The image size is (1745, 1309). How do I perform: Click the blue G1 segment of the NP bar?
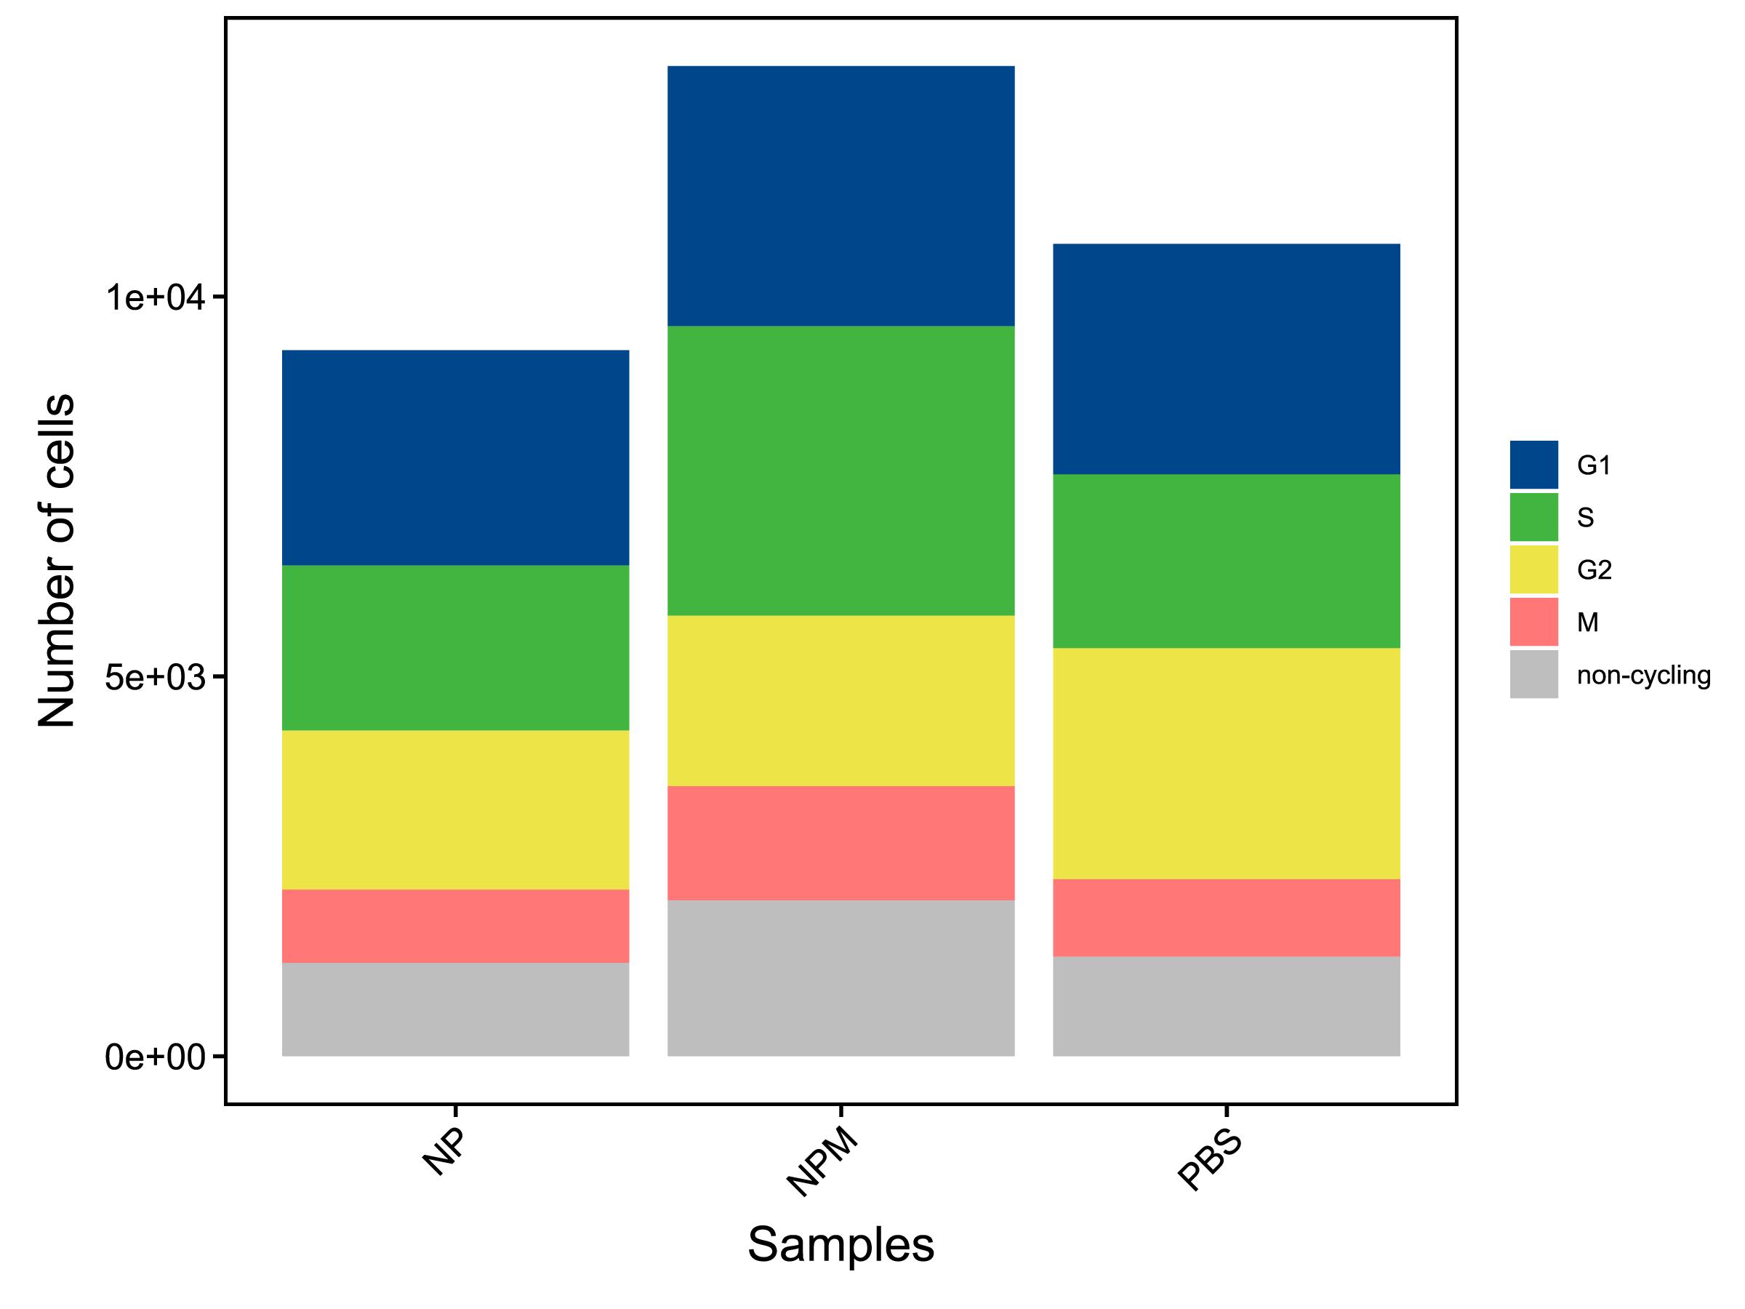[x=455, y=457]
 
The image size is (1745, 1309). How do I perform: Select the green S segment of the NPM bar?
[x=841, y=471]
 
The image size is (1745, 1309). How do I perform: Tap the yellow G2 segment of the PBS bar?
[x=1226, y=763]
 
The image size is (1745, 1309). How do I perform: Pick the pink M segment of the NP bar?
[x=455, y=926]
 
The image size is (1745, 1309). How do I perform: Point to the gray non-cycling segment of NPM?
[x=841, y=977]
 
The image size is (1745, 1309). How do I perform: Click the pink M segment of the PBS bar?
[x=1226, y=918]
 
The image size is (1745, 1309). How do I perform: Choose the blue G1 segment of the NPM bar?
[x=841, y=196]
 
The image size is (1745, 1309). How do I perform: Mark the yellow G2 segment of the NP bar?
[x=455, y=809]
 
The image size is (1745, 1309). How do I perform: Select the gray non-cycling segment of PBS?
[x=1226, y=1006]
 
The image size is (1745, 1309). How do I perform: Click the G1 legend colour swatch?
[x=1533, y=465]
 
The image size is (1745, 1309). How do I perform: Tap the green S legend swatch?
[x=1533, y=517]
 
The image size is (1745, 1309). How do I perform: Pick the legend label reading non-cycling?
[x=1643, y=676]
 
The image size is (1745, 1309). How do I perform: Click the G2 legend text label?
[x=1594, y=569]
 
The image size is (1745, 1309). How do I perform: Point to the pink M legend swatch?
[x=1533, y=622]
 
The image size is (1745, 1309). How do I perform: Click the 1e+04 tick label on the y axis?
[x=156, y=298]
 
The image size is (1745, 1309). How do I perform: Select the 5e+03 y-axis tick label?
[x=156, y=678]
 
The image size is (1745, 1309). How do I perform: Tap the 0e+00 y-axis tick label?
[x=156, y=1057]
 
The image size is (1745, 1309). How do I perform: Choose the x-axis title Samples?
[x=841, y=1245]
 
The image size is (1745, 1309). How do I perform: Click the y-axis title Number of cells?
[x=57, y=560]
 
